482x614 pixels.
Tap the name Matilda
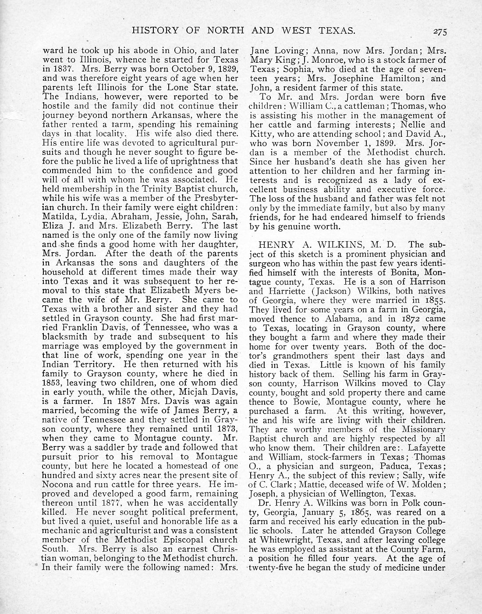[x=58, y=217]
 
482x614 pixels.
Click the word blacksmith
[x=64, y=337]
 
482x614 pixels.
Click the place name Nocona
[x=57, y=484]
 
